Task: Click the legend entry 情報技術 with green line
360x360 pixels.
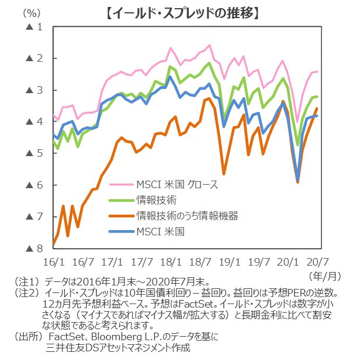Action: [153, 200]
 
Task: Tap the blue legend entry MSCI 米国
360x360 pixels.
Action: [160, 231]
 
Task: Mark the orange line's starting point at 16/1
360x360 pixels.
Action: [53, 244]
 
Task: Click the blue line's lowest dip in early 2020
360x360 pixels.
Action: [298, 180]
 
